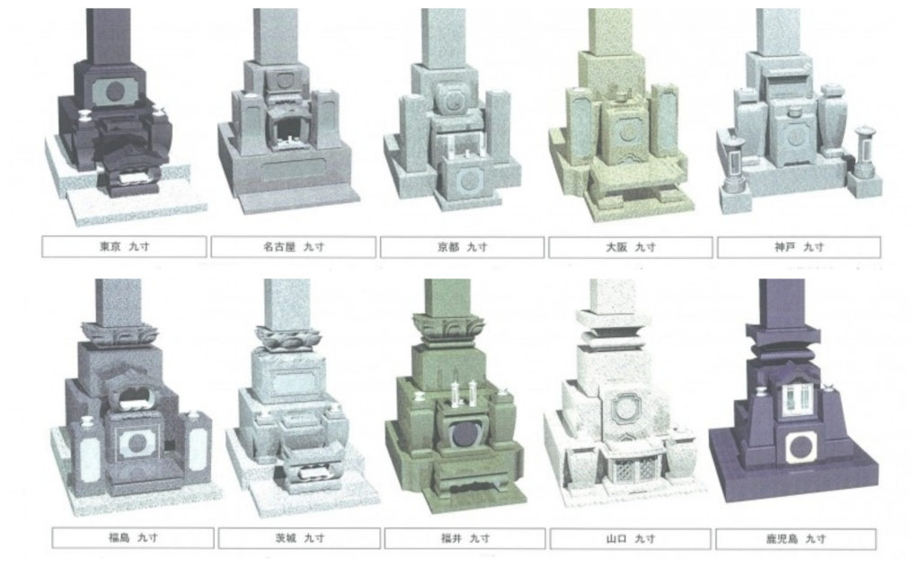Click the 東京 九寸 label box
click(x=124, y=247)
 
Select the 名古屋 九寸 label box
click(x=294, y=247)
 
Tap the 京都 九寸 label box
click(x=463, y=247)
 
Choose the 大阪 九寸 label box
click(x=631, y=247)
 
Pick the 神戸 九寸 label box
click(x=799, y=247)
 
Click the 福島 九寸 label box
click(x=133, y=537)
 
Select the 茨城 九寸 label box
click(x=299, y=537)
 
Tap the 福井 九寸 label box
click(x=465, y=537)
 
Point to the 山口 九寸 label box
click(x=630, y=537)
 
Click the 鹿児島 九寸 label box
click(x=796, y=538)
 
